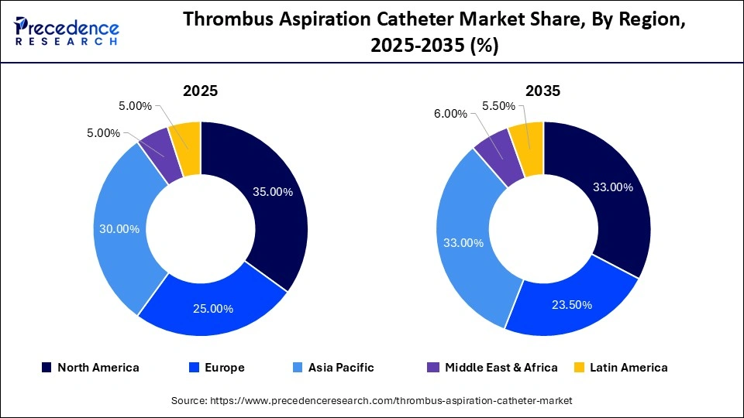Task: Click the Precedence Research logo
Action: pyautogui.click(x=67, y=32)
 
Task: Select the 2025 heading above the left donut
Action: pyautogui.click(x=200, y=91)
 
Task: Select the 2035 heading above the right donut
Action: pyautogui.click(x=542, y=91)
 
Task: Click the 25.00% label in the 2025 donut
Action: pyautogui.click(x=213, y=308)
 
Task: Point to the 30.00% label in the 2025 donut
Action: pyautogui.click(x=119, y=228)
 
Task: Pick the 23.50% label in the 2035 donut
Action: pyautogui.click(x=571, y=304)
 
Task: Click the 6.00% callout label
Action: pyautogui.click(x=450, y=114)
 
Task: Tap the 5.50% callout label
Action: pyautogui.click(x=499, y=106)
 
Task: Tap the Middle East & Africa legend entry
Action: pyautogui.click(x=492, y=368)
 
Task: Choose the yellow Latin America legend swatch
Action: pyautogui.click(x=579, y=368)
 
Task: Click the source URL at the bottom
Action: pyautogui.click(x=371, y=400)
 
